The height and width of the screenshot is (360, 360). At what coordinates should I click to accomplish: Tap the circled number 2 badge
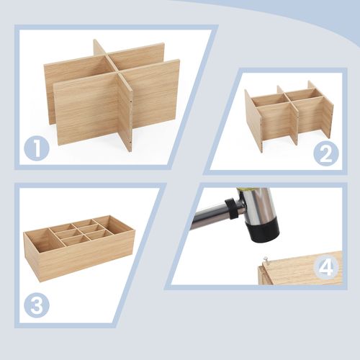click(x=326, y=153)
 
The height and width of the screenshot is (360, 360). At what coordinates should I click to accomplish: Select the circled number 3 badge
click(x=36, y=305)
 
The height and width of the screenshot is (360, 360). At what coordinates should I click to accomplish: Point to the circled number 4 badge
click(x=326, y=268)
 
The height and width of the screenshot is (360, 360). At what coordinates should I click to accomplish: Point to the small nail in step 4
click(x=264, y=260)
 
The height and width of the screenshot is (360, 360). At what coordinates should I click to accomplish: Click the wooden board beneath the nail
click(x=302, y=269)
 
